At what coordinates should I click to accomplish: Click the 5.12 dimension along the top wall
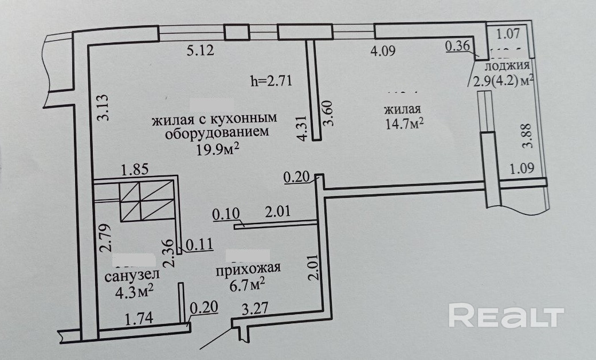coord(200,51)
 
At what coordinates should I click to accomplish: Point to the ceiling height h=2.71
coord(272,80)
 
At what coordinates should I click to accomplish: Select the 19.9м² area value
coord(218,150)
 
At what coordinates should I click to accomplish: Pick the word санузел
coord(132,276)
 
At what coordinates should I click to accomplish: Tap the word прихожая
coord(248,268)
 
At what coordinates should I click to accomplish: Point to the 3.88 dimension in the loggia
coord(528,138)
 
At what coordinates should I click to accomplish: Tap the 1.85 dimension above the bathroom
coord(135,170)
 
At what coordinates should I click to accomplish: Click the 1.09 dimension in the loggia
coord(522,170)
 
